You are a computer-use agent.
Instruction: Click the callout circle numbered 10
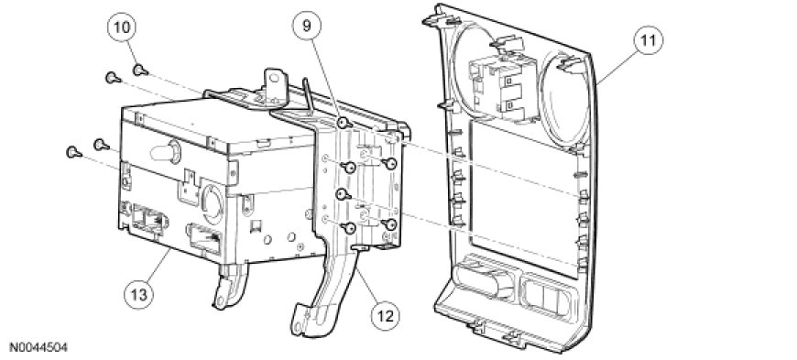click(x=122, y=27)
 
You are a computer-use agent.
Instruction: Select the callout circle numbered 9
click(x=307, y=26)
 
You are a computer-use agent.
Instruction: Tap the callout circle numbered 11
click(x=648, y=41)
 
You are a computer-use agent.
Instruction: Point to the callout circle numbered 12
click(x=385, y=315)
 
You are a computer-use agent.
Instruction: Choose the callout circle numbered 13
click(x=138, y=294)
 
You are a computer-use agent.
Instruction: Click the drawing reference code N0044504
click(x=38, y=348)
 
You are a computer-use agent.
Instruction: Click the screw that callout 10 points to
click(x=140, y=70)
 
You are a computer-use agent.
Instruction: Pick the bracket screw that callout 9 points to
click(x=344, y=123)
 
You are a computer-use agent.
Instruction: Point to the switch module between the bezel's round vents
click(x=503, y=86)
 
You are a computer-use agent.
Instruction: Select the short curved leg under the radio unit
click(x=230, y=286)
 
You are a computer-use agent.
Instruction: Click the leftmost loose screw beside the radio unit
click(x=73, y=151)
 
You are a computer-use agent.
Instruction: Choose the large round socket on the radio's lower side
click(x=212, y=203)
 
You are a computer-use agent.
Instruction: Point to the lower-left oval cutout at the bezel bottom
click(x=486, y=279)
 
